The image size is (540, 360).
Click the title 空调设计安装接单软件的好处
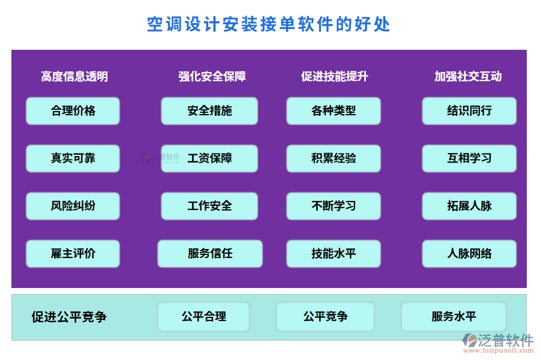(x=269, y=24)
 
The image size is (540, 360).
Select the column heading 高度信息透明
(x=74, y=76)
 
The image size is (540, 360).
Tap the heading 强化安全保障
(x=212, y=76)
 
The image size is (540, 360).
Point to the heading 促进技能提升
(x=334, y=76)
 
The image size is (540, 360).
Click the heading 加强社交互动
(x=468, y=76)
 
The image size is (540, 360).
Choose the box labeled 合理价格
(x=73, y=111)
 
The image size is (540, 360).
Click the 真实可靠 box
(x=73, y=158)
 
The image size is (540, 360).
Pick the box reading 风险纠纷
(x=73, y=206)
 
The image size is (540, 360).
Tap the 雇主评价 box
(x=73, y=253)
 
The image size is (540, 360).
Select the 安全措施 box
(x=209, y=111)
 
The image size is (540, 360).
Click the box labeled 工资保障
(x=209, y=158)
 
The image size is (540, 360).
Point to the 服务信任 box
(x=210, y=253)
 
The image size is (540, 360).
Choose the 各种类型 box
(x=334, y=111)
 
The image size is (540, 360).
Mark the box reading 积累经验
(x=334, y=158)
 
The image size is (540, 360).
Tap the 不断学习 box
(x=334, y=206)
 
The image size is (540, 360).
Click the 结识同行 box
(x=469, y=111)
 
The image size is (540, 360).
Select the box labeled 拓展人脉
(x=469, y=206)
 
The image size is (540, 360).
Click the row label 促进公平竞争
(x=69, y=317)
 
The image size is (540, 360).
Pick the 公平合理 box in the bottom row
(x=203, y=317)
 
